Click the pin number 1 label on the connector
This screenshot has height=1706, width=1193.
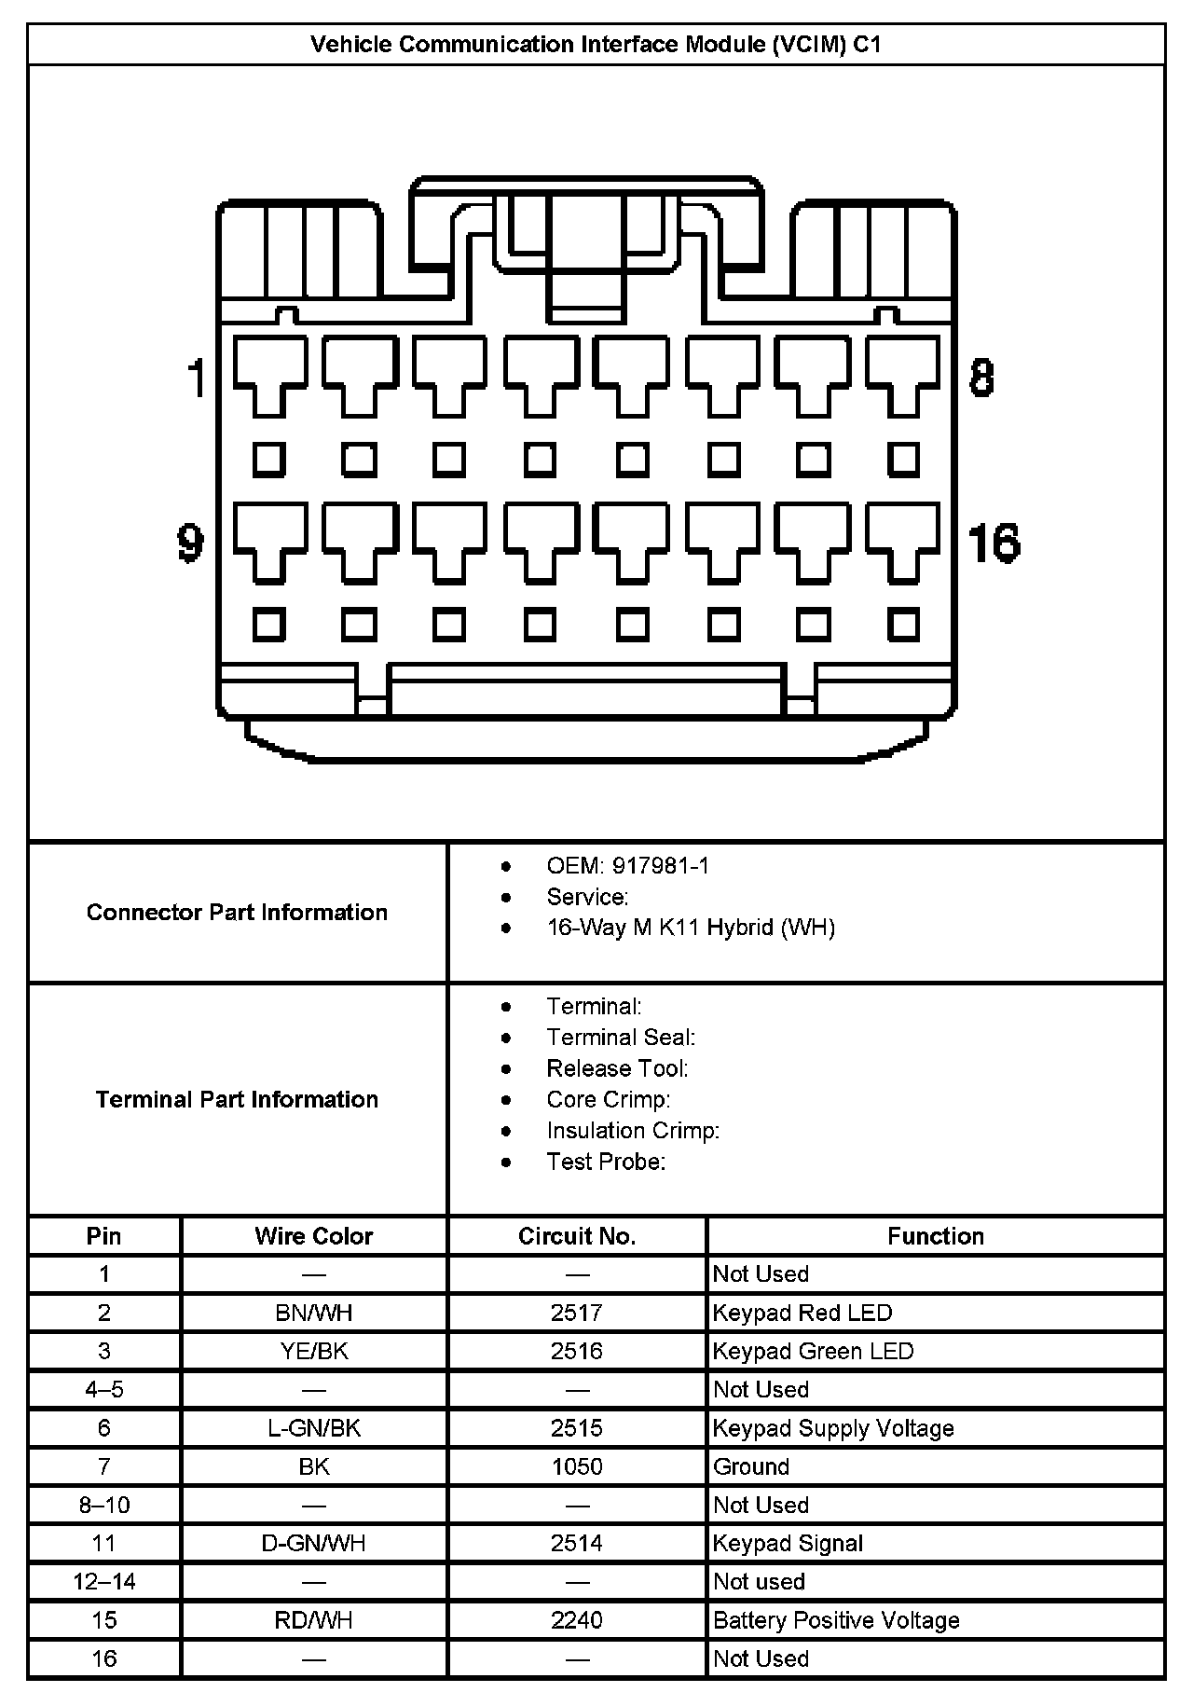[197, 378]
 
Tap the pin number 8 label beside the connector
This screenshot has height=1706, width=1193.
[981, 378]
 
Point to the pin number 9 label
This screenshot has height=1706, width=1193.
[191, 542]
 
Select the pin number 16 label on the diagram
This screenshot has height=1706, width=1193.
[994, 543]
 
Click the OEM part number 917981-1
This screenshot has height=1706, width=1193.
[660, 866]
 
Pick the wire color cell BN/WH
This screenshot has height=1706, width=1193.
[314, 1313]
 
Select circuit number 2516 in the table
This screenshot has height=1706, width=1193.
[577, 1351]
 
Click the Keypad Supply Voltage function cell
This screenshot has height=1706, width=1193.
[833, 1428]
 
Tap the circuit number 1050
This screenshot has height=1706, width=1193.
[577, 1466]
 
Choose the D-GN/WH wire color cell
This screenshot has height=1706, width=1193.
[314, 1543]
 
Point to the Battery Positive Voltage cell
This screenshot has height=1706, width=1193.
[836, 1620]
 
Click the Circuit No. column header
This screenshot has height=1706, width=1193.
[577, 1236]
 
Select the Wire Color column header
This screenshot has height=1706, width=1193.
[314, 1236]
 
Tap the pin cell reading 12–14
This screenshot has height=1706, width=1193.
[104, 1581]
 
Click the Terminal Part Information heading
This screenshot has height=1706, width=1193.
[237, 1099]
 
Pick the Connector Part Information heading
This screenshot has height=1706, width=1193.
[237, 912]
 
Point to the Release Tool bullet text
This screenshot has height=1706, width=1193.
[617, 1068]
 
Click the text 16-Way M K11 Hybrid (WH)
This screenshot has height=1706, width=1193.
[691, 928]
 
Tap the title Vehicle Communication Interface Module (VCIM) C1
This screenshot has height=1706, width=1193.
[596, 44]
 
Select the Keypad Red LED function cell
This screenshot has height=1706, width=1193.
[802, 1313]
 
